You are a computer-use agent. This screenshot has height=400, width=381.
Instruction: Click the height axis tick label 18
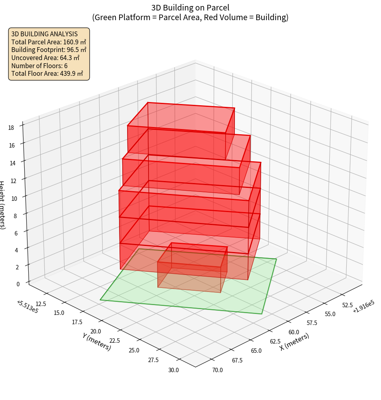pyautogui.click(x=11, y=127)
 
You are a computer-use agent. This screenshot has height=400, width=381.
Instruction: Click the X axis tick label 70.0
pyautogui.click(x=217, y=370)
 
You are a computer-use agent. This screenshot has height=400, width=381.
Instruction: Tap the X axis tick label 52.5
pyautogui.click(x=348, y=305)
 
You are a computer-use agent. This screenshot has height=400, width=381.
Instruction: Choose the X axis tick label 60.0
pyautogui.click(x=293, y=332)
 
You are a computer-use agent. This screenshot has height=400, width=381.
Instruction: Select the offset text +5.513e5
pyautogui.click(x=28, y=306)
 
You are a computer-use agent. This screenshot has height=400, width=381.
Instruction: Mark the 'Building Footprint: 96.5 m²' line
pyautogui.click(x=49, y=50)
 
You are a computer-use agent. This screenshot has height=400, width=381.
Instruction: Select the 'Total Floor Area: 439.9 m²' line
pyautogui.click(x=47, y=74)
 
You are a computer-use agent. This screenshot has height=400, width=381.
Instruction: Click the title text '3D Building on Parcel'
pyautogui.click(x=190, y=7)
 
